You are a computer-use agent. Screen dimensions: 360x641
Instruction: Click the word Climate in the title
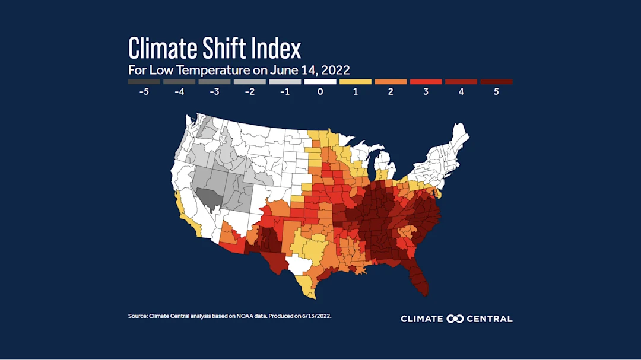(161, 47)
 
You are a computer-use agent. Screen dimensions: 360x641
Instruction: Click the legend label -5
(144, 93)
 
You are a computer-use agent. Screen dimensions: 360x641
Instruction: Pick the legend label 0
(320, 93)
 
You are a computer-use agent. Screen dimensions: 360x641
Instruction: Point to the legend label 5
(496, 93)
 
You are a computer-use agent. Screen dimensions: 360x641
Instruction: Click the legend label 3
(426, 93)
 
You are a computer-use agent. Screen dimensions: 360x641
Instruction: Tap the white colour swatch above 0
(320, 82)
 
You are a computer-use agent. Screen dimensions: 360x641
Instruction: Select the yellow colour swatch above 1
(356, 82)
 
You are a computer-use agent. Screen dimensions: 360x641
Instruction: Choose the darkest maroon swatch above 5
(496, 82)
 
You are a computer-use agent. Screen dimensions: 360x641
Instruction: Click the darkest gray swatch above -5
(144, 82)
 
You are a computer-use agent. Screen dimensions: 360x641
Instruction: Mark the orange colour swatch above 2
(391, 82)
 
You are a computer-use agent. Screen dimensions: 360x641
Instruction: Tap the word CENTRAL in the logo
(490, 318)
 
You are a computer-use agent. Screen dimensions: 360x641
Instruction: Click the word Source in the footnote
(138, 316)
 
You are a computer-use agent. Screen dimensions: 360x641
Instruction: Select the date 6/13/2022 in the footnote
(315, 316)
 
